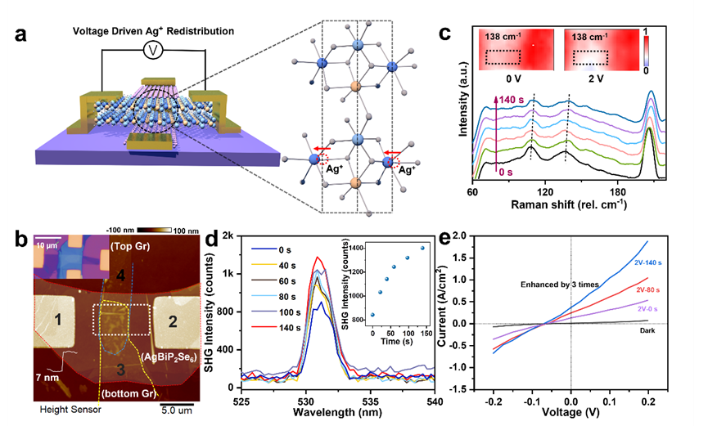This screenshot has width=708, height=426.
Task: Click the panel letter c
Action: point(445,34)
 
